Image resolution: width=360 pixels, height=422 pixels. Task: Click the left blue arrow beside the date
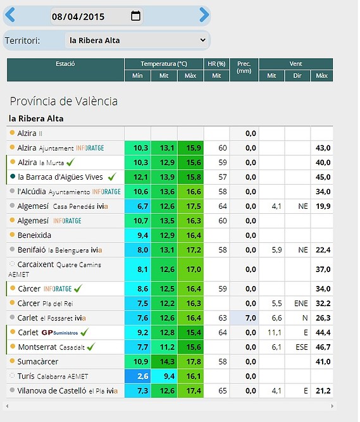[x=10, y=15]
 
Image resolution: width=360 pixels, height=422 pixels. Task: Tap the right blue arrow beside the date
[x=204, y=15]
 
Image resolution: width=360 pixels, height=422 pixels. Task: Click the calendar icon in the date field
[x=135, y=16]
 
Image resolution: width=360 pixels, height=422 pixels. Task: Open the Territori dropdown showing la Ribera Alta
[x=137, y=40]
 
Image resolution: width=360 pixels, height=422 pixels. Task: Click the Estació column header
[x=65, y=64]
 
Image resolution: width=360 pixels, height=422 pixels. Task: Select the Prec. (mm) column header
[x=244, y=67]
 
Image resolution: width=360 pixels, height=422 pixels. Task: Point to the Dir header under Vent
[x=297, y=76]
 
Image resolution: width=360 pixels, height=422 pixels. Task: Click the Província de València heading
[x=64, y=101]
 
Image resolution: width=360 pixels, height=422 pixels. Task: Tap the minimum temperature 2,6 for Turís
[x=142, y=376]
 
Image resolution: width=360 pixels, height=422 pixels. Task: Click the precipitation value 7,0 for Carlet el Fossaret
[x=251, y=318]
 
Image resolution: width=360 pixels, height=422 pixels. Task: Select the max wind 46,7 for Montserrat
[x=323, y=347]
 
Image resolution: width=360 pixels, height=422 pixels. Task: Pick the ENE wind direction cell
[x=301, y=304]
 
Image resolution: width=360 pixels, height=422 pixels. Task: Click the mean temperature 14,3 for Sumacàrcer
[x=167, y=362]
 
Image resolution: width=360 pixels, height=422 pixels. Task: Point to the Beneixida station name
[x=34, y=235]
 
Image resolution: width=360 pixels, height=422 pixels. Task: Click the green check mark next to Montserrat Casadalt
[x=91, y=346]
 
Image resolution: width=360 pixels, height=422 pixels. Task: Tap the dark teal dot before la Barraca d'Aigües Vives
[x=13, y=177]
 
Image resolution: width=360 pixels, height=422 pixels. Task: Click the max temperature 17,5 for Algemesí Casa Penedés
[x=194, y=206]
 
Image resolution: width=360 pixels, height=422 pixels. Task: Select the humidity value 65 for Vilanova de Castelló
[x=223, y=391]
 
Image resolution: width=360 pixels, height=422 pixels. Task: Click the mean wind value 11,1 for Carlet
[x=275, y=333]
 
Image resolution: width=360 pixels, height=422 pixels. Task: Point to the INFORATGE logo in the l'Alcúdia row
[x=106, y=192]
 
